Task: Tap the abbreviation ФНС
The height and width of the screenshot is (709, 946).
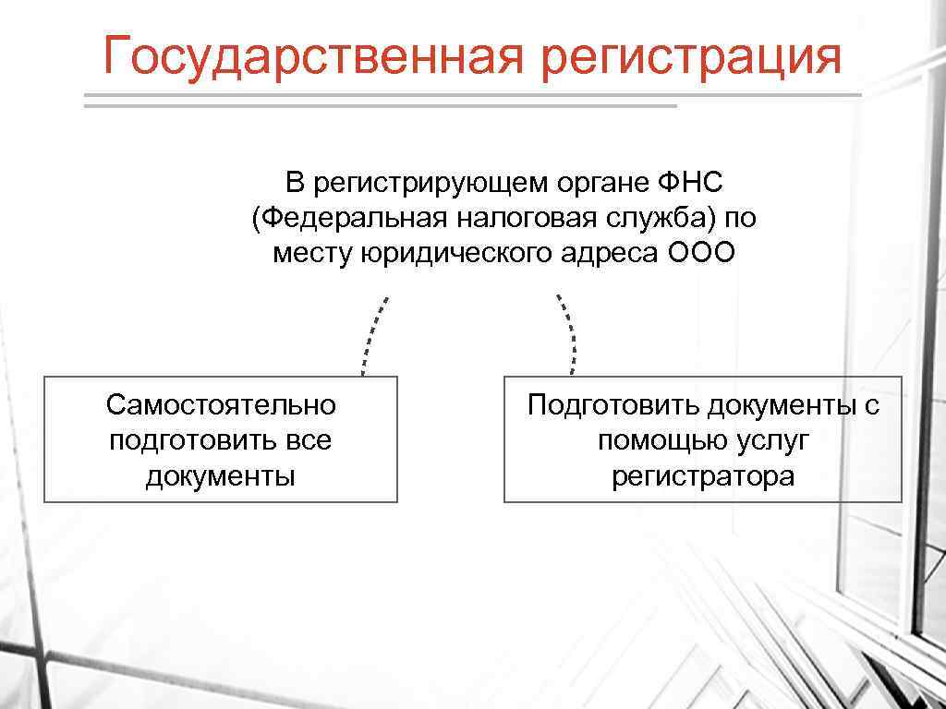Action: (x=690, y=183)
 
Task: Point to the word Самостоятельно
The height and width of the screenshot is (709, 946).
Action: (x=221, y=404)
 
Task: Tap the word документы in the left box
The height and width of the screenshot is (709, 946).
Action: (x=221, y=475)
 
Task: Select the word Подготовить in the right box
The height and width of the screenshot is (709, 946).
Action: (x=613, y=404)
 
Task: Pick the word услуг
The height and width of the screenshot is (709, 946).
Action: (x=773, y=440)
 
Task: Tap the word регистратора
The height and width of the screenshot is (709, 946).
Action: (x=702, y=475)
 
